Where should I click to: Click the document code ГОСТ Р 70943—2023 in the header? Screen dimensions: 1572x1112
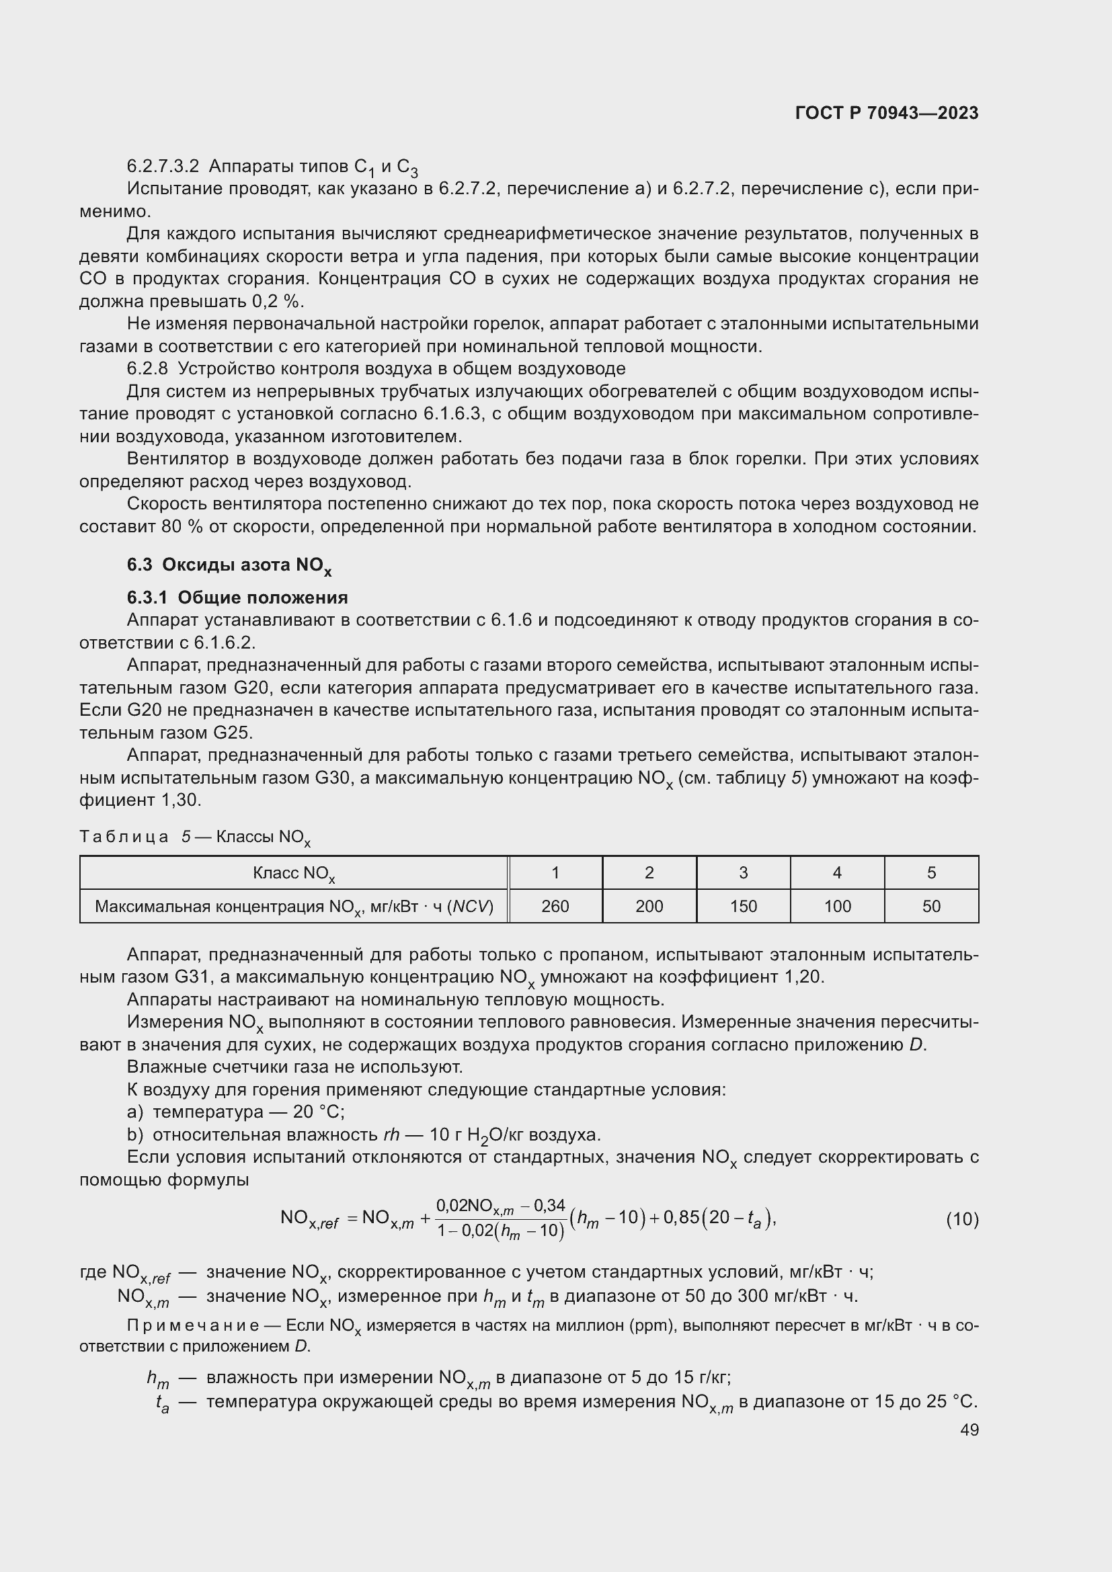point(887,113)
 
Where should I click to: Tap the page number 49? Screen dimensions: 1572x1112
point(969,1430)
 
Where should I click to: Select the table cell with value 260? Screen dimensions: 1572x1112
point(555,907)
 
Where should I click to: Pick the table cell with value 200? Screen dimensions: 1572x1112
point(649,907)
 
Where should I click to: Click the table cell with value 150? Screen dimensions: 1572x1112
point(743,907)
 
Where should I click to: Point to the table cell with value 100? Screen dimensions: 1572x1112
point(837,907)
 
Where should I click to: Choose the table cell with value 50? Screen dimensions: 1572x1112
point(931,907)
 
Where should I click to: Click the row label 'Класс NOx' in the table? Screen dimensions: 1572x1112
point(294,874)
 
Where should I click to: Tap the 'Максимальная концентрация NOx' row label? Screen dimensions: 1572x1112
point(294,907)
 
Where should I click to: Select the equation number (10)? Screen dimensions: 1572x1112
point(962,1219)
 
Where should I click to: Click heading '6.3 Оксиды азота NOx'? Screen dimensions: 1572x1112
point(229,565)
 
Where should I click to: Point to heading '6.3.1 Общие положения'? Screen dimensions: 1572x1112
point(237,597)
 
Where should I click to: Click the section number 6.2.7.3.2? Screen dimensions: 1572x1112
point(163,167)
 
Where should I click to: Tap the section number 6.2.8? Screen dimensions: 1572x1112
point(147,369)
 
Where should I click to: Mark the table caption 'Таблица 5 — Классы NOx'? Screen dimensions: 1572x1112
point(195,837)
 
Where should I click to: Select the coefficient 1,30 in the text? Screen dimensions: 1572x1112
point(182,800)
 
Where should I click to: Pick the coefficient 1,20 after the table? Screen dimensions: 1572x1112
point(803,977)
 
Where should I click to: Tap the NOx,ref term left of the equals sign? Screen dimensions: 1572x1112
point(309,1218)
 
